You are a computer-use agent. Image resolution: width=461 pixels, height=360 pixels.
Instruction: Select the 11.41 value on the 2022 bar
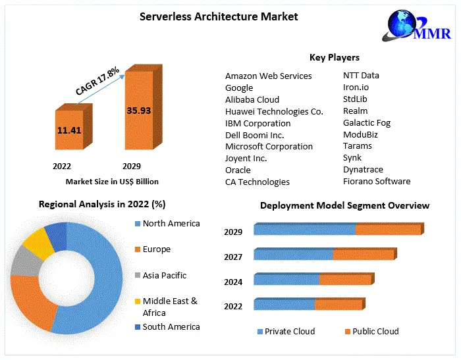[x=69, y=130]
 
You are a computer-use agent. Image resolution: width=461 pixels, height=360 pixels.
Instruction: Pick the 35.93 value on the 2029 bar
[x=138, y=111]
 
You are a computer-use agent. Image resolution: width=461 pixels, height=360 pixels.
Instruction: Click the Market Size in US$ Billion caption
[x=112, y=181]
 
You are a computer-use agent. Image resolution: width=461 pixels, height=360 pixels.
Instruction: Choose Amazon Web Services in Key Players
[x=268, y=76]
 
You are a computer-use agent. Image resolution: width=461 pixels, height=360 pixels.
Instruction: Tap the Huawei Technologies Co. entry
[x=274, y=111]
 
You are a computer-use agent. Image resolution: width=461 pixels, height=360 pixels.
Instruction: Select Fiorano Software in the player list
[x=376, y=181]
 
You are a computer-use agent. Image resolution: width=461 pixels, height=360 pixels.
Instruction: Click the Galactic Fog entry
[x=366, y=122]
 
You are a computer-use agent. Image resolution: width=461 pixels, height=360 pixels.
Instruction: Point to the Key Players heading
[x=334, y=57]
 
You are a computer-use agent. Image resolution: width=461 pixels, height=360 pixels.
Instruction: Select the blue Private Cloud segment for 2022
[x=284, y=305]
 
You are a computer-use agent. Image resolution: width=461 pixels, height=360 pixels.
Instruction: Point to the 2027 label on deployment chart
[x=233, y=257]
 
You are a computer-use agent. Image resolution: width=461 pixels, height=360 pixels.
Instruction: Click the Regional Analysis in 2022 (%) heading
[x=102, y=205]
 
